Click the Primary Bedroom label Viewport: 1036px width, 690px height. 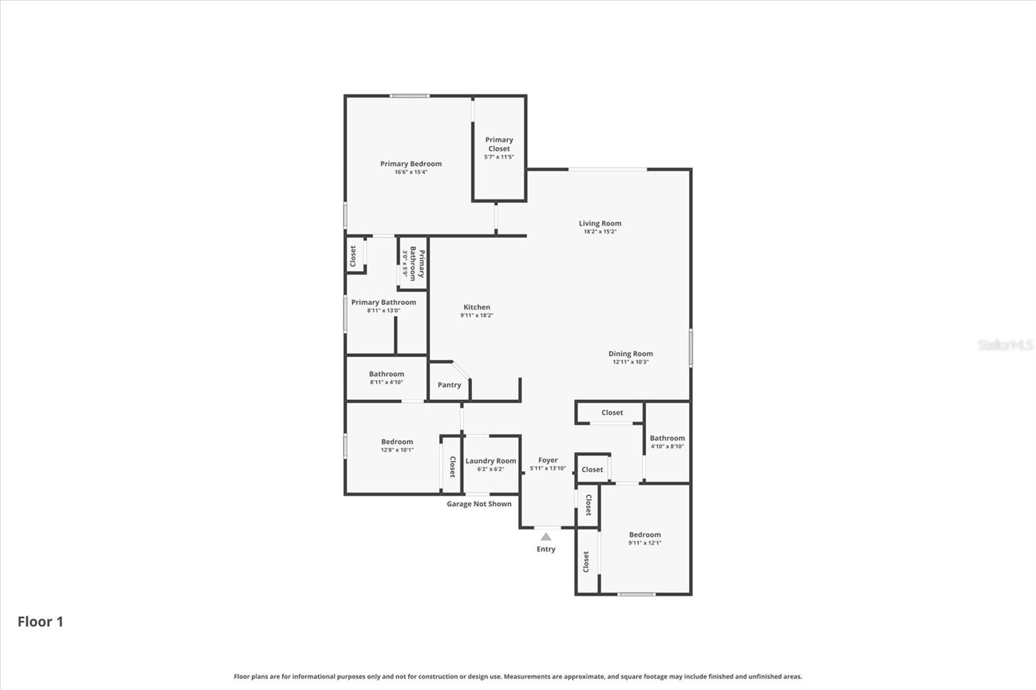411,164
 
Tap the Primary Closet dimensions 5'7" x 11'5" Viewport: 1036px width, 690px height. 499,157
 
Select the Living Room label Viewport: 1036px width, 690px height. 600,223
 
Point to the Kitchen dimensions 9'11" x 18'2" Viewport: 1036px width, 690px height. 477,316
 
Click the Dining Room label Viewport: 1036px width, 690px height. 630,353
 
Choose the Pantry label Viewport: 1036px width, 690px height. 449,385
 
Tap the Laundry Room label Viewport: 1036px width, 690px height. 490,461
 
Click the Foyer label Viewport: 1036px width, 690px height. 548,460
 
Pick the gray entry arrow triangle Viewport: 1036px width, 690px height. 546,537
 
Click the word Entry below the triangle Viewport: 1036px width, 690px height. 546,549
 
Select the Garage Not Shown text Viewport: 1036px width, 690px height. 479,504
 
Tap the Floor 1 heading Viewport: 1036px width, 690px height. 40,622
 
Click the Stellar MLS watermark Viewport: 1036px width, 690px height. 1005,345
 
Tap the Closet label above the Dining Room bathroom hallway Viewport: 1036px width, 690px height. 612,413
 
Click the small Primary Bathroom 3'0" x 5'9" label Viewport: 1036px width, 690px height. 413,263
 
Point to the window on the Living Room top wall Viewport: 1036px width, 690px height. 607,170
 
